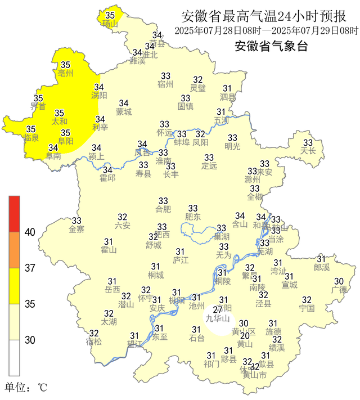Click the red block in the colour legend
(x=14, y=214)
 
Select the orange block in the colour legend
(x=14, y=250)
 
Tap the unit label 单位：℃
(x=26, y=388)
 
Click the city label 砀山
(x=110, y=24)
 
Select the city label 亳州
(x=66, y=74)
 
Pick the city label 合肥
(x=163, y=209)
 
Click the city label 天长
(x=308, y=151)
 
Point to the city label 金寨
(x=76, y=229)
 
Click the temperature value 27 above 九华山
(x=218, y=310)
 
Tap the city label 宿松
(x=94, y=341)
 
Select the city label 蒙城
(x=124, y=111)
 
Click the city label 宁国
(x=307, y=308)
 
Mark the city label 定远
(x=209, y=166)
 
